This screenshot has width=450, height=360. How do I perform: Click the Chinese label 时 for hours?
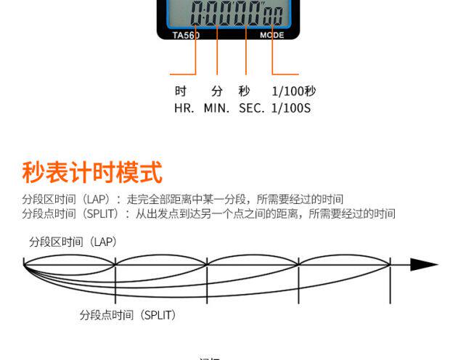[x=181, y=91]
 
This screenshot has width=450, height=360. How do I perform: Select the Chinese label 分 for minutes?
[x=216, y=91]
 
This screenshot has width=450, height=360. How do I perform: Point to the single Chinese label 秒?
[x=244, y=91]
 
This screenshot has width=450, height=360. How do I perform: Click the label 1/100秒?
[x=293, y=91]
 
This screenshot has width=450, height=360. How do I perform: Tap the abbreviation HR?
[x=184, y=108]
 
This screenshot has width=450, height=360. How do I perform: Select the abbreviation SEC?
[x=251, y=108]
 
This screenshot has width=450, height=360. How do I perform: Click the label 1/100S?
[x=290, y=108]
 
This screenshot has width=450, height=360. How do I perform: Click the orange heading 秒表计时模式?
[x=92, y=173]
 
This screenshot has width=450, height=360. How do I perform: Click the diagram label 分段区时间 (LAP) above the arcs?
[x=73, y=242]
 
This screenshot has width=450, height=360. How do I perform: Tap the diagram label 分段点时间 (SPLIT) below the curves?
[x=128, y=315]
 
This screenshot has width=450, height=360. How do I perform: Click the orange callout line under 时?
[x=182, y=73]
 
